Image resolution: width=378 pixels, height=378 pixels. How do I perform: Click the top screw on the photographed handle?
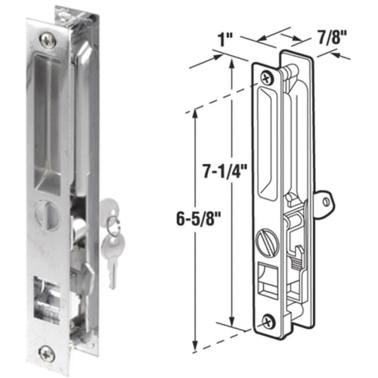[49, 36]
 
